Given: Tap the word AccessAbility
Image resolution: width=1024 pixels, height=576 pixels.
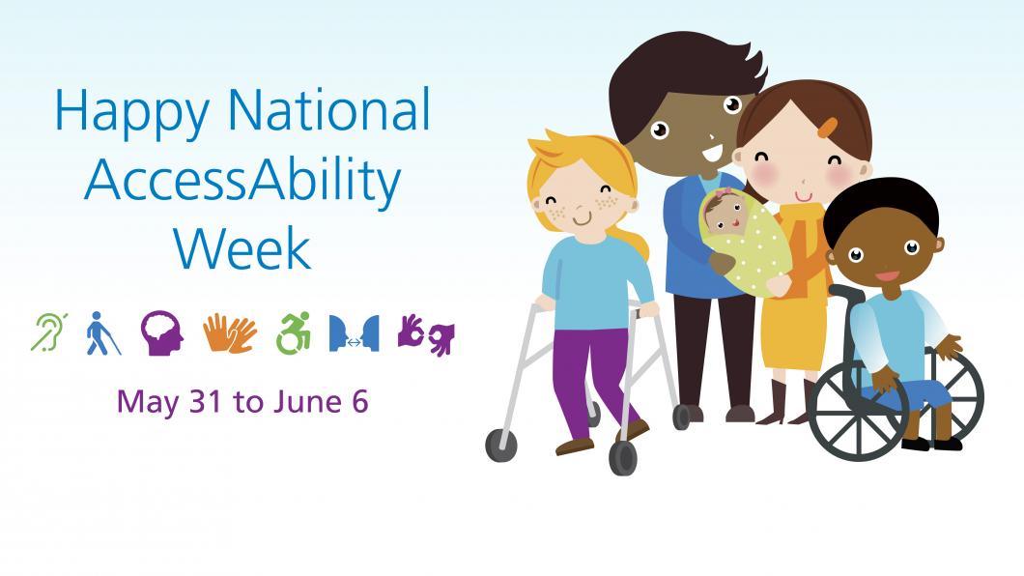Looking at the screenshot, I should (242, 180).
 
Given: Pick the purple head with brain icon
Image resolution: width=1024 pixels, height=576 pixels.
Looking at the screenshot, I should (160, 332).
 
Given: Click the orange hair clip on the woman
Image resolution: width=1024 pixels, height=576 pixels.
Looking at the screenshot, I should (829, 126).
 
